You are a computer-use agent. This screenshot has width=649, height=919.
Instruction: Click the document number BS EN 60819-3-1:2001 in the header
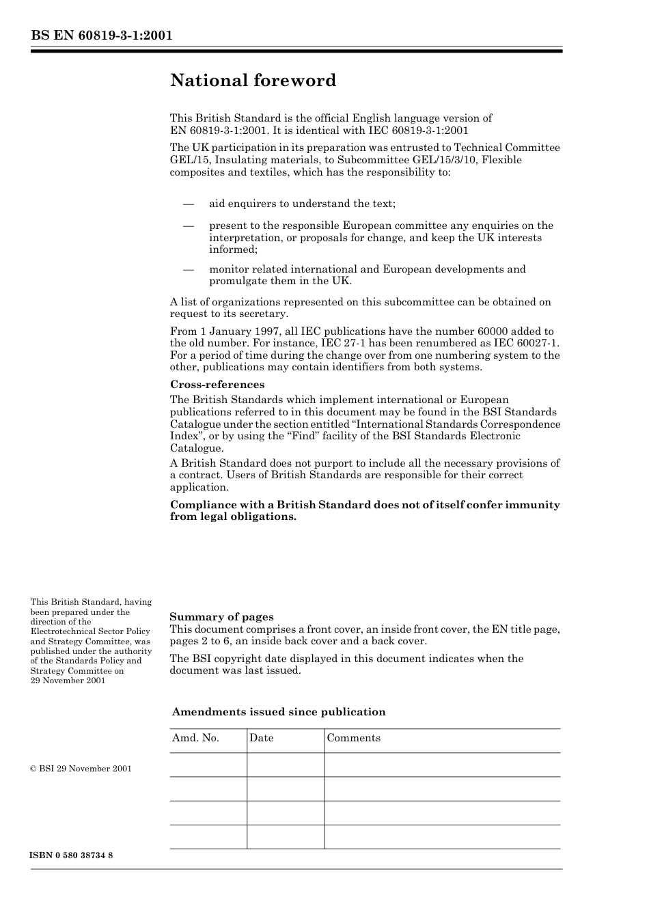tap(101, 36)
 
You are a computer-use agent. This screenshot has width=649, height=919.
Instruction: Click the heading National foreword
tap(253, 81)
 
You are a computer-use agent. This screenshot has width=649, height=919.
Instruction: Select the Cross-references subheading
tap(217, 385)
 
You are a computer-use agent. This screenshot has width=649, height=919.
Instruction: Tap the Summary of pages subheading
tap(221, 617)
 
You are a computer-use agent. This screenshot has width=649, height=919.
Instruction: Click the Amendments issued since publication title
tap(278, 712)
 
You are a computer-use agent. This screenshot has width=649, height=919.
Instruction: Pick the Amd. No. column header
tap(195, 738)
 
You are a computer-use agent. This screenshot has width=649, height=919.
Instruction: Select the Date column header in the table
tap(261, 738)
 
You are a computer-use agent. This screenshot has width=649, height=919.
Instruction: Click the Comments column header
tap(353, 738)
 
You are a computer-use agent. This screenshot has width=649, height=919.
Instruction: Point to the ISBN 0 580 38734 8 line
tap(72, 855)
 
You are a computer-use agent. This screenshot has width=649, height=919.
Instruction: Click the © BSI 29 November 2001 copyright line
tap(81, 769)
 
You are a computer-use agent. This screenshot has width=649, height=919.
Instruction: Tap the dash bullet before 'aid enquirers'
tap(189, 204)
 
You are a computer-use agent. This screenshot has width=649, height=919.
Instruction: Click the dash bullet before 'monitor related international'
tap(189, 269)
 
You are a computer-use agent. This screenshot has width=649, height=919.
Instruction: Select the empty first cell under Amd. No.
tap(208, 765)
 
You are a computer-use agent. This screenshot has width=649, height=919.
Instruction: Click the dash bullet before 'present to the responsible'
tap(189, 225)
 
